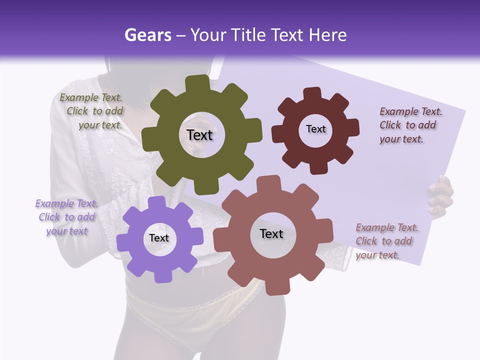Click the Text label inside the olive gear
click(199, 135)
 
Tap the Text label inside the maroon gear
click(315, 129)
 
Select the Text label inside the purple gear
click(159, 238)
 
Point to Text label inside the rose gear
click(271, 234)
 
